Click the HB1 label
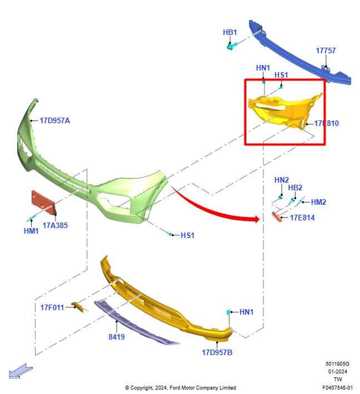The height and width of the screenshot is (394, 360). (229, 32)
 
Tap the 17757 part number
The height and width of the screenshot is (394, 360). (326, 50)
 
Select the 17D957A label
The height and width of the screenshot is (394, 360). (55, 120)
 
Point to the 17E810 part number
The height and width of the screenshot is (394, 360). (326, 123)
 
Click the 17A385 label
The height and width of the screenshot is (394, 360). (55, 225)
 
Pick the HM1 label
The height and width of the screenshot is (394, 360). (31, 231)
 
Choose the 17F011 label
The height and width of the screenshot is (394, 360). (52, 307)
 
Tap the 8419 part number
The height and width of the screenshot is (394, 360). (117, 337)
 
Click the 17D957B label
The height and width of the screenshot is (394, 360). (217, 352)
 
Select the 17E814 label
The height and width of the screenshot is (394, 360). (302, 218)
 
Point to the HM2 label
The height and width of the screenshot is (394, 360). (318, 202)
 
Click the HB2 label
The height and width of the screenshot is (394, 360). (295, 188)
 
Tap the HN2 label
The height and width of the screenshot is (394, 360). (282, 180)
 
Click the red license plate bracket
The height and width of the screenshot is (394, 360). (43, 203)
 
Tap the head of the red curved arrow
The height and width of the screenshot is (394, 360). (256, 219)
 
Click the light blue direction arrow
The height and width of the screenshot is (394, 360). (21, 371)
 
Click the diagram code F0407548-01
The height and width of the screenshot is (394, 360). (337, 388)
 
